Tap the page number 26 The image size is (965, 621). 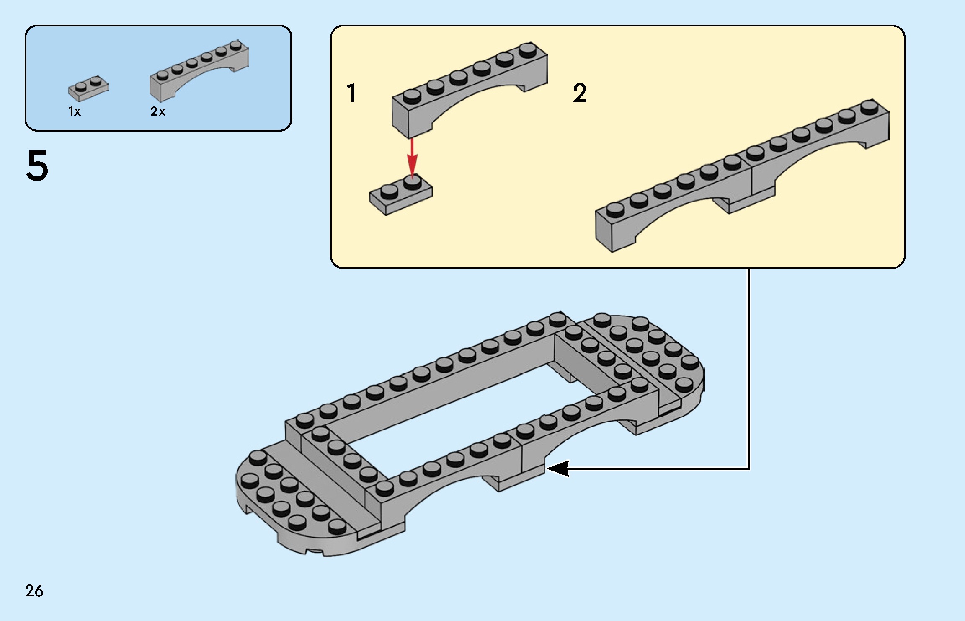[x=34, y=591]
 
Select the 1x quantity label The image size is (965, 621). [x=75, y=111]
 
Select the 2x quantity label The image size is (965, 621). [x=158, y=111]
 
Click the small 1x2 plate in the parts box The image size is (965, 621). [x=88, y=88]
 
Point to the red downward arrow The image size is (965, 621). [x=413, y=157]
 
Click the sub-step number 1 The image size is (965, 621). [x=352, y=93]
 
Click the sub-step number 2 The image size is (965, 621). [x=580, y=93]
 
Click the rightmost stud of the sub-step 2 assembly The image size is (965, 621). [x=870, y=106]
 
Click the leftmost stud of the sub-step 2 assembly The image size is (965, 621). [x=615, y=210]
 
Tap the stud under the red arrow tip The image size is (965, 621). [x=413, y=182]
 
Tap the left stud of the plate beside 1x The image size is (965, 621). [x=81, y=87]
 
